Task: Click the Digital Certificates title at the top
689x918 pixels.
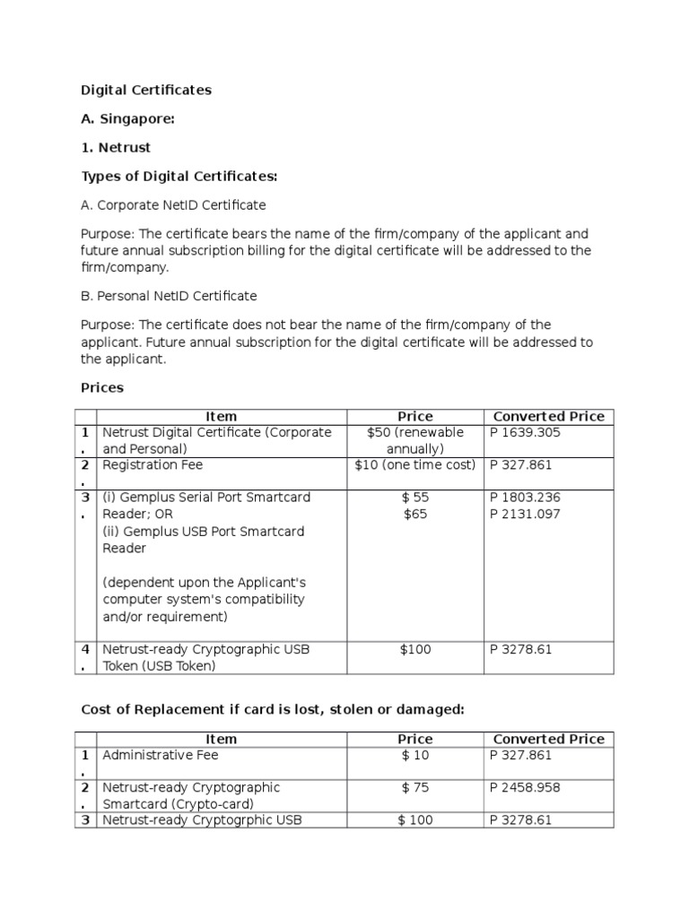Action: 146,90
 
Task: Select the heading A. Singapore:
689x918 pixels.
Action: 127,119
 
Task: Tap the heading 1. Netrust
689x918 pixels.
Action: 116,147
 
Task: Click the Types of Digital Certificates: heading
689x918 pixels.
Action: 179,176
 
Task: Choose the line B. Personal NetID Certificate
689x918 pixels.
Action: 169,296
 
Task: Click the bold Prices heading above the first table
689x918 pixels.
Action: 102,388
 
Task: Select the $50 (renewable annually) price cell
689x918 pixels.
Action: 414,440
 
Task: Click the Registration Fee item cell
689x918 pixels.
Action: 153,464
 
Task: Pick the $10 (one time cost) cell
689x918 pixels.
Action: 414,464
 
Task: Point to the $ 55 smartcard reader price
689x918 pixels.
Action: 414,497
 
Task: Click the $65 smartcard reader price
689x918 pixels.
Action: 414,514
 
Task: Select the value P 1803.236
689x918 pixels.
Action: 526,497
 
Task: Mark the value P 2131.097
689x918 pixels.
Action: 526,514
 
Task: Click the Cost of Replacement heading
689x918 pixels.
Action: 273,709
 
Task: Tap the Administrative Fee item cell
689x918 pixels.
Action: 161,755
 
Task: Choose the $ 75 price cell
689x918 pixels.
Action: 414,787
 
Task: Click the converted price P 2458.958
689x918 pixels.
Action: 526,787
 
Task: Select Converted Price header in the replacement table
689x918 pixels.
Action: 549,739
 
